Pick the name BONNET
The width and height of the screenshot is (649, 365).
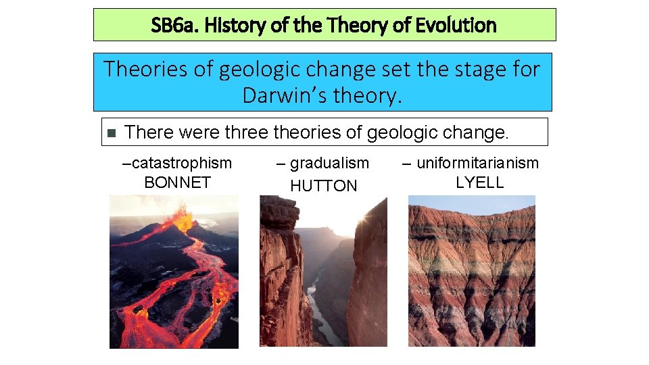[x=177, y=182]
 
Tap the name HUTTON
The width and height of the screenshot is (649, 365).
[x=323, y=186]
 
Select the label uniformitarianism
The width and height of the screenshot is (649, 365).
[x=477, y=163]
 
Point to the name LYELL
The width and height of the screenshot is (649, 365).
[x=479, y=182]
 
